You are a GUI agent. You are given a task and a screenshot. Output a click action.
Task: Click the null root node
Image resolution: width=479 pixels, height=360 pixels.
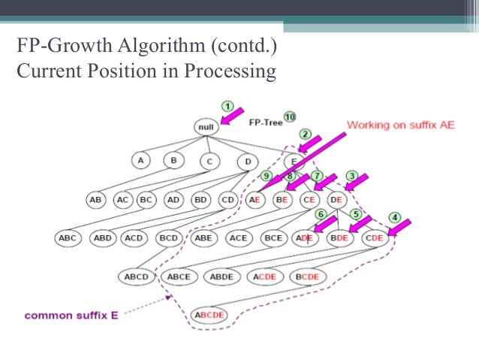click(206, 127)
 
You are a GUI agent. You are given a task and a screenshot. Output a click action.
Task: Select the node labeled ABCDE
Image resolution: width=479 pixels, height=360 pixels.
click(210, 315)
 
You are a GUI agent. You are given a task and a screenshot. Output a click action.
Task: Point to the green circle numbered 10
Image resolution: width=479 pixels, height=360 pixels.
click(290, 117)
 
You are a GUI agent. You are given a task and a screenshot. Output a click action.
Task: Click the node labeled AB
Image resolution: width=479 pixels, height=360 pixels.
click(96, 201)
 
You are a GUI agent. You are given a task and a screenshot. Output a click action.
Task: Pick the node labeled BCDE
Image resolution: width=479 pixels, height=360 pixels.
click(307, 277)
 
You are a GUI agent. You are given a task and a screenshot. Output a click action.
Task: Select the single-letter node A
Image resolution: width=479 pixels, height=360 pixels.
click(140, 161)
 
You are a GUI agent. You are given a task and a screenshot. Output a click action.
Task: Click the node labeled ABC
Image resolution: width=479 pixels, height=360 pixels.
click(68, 238)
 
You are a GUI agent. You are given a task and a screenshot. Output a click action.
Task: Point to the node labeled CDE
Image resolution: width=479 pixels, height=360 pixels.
click(374, 238)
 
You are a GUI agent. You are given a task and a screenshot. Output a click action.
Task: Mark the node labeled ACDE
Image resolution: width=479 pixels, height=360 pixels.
click(265, 277)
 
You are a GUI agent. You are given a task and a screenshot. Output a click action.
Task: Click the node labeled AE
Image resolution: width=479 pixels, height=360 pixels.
click(255, 201)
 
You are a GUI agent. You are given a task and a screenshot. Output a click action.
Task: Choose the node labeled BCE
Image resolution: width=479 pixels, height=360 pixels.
click(273, 238)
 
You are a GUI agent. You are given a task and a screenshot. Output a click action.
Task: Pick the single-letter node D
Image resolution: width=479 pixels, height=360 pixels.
click(247, 161)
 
